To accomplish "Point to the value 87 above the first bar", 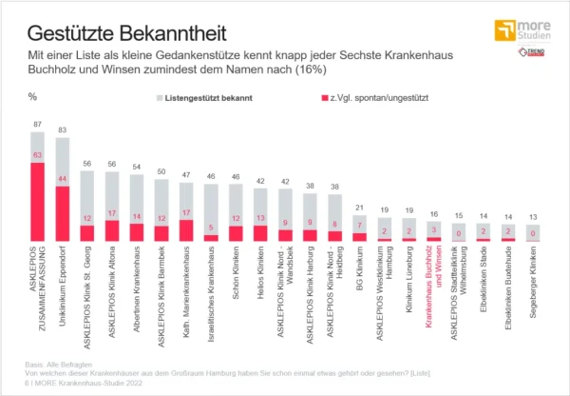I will tap(37, 125).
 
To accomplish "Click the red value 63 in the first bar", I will tap(37, 155).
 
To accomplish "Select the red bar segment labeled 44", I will tap(63, 213).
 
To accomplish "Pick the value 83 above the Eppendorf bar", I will tap(63, 129).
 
